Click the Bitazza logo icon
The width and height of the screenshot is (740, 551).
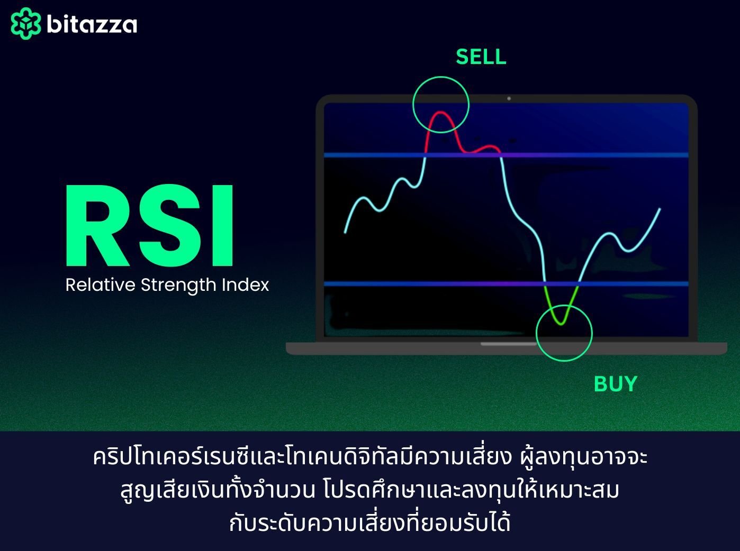point(25,24)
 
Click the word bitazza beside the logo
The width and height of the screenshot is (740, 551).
point(92,24)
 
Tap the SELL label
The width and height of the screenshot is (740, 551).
point(481,57)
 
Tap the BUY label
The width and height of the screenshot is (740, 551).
point(615,383)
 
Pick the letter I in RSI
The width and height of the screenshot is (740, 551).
point(224,226)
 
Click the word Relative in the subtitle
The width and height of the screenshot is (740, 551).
point(100,285)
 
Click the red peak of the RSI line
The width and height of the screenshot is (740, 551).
point(440,114)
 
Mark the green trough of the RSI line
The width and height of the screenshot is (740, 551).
point(562,322)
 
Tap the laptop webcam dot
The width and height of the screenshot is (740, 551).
point(509,98)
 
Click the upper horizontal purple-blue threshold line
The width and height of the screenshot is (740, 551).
point(582,155)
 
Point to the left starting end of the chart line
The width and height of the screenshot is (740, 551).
point(346,231)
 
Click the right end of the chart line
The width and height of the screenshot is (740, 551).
point(660,209)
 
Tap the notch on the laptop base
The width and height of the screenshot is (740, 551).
point(508,344)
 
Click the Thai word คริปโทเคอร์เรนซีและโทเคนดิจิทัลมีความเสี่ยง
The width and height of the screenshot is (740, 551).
point(302,457)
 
